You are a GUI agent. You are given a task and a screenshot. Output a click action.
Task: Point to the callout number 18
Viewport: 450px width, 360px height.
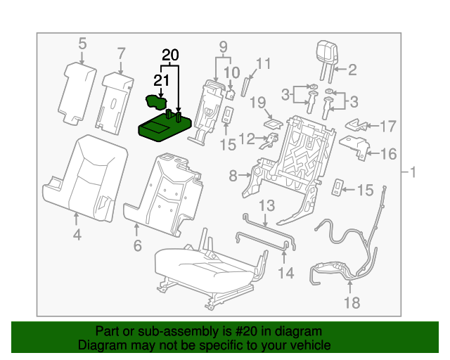pyautogui.click(x=349, y=303)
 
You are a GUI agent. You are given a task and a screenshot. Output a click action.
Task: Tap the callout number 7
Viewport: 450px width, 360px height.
pyautogui.click(x=121, y=53)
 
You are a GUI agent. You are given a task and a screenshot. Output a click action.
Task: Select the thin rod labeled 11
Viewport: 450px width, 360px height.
pyautogui.click(x=245, y=86)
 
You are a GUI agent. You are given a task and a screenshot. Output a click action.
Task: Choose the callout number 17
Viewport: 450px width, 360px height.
pyautogui.click(x=388, y=127)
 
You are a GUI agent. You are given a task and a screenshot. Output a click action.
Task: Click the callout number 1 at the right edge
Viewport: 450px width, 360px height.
pyautogui.click(x=413, y=172)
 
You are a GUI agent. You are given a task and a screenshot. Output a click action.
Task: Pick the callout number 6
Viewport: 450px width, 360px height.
pyautogui.click(x=137, y=245)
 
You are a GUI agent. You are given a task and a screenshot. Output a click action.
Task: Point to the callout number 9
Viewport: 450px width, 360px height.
pyautogui.click(x=224, y=48)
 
